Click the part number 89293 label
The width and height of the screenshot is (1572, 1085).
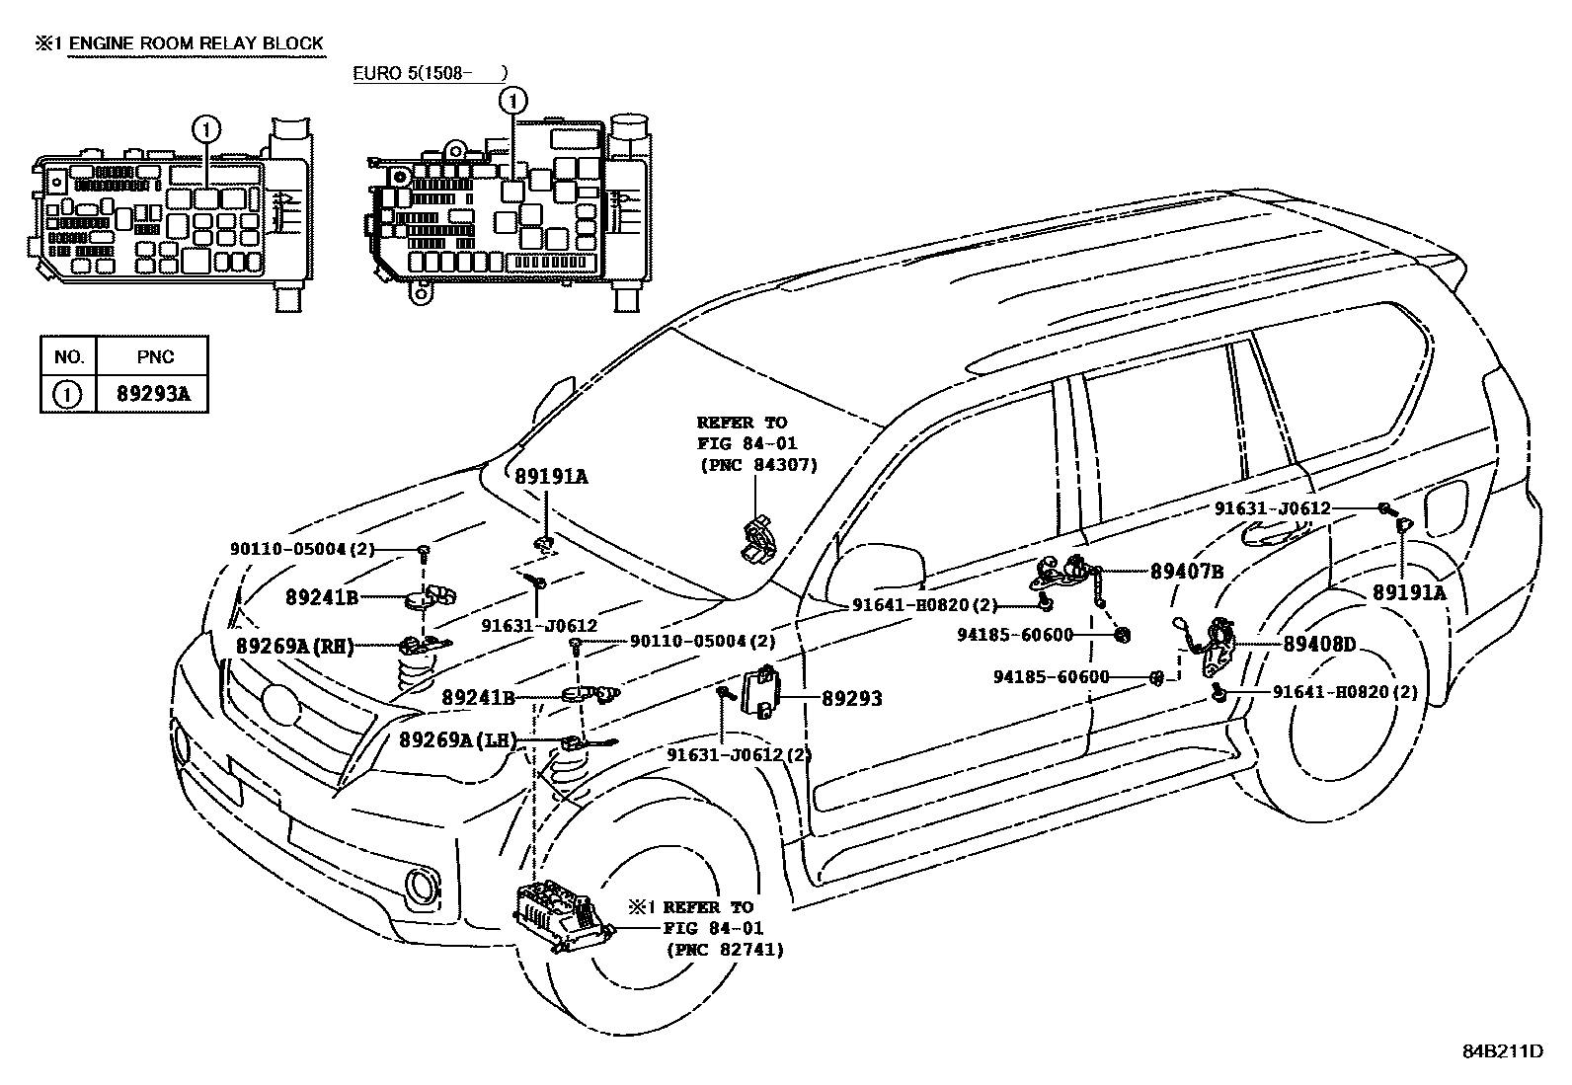(852, 699)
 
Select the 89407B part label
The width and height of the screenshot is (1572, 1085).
(1188, 572)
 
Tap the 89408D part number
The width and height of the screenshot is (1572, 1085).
(1319, 645)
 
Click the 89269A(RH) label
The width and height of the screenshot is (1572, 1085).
(294, 646)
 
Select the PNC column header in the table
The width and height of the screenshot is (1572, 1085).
(153, 356)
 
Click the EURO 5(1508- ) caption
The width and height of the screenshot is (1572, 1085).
(432, 73)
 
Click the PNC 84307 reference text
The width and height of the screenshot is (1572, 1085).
(757, 465)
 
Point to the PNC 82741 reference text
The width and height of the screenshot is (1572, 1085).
(724, 950)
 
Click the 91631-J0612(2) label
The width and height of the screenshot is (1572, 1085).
(725, 755)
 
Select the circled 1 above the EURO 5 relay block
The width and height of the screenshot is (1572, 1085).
(512, 99)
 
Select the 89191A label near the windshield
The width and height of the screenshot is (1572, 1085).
(551, 477)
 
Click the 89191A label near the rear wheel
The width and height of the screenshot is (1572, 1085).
(1408, 592)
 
